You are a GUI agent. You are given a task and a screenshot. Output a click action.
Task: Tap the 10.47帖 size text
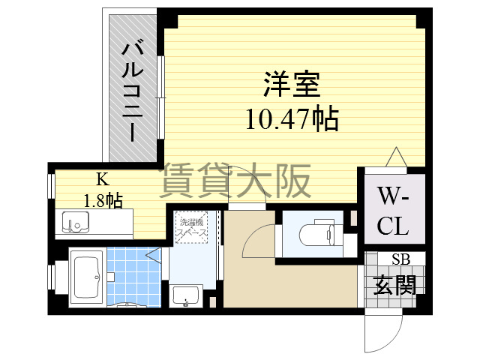tap(292, 118)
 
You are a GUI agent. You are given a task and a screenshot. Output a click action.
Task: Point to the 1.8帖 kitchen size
tap(102, 199)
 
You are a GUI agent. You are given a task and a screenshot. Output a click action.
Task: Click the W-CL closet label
tap(393, 211)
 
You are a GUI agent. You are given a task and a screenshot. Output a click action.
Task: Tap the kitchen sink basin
tap(74, 223)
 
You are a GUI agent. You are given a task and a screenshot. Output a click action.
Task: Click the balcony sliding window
tap(160, 97)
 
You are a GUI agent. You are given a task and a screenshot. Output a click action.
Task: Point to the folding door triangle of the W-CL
tap(395, 157)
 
